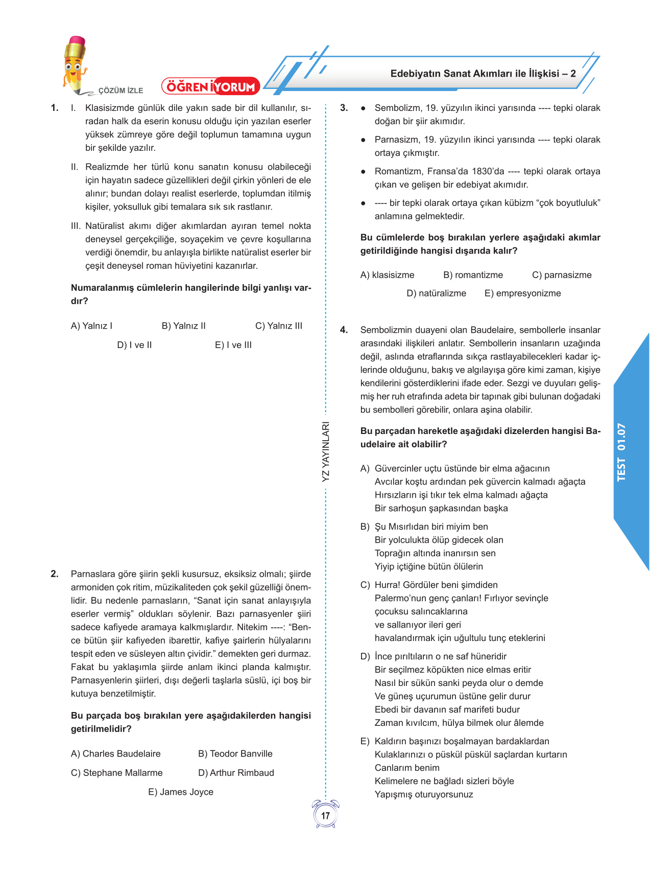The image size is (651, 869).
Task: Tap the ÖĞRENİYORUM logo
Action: click(x=211, y=86)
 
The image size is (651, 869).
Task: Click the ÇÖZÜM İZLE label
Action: click(x=120, y=90)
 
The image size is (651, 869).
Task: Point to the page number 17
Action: click(x=325, y=815)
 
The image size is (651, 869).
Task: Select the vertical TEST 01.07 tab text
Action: click(x=621, y=452)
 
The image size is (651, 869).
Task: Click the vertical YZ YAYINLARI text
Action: click(x=326, y=451)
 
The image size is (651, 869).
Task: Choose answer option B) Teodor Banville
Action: click(x=235, y=753)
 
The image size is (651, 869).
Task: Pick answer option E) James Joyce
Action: click(x=181, y=792)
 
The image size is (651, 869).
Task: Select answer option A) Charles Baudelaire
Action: click(x=115, y=753)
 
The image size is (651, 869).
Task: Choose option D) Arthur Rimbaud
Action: click(x=236, y=772)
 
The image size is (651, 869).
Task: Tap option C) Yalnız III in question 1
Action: click(x=278, y=326)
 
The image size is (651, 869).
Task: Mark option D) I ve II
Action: click(x=134, y=345)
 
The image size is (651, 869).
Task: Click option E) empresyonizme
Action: click(x=522, y=293)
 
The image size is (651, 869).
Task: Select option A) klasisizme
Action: click(x=387, y=275)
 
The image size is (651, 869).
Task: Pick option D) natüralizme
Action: click(x=436, y=293)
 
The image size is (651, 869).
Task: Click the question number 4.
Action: click(x=344, y=330)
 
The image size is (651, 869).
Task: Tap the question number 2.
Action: click(x=54, y=574)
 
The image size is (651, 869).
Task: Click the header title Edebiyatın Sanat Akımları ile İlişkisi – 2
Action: click(x=483, y=74)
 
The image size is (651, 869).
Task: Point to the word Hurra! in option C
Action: click(x=386, y=585)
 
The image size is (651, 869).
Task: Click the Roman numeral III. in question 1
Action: click(x=76, y=226)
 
